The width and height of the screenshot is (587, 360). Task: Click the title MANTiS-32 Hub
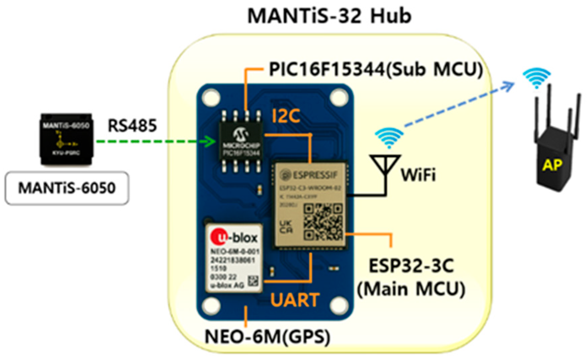(x=329, y=16)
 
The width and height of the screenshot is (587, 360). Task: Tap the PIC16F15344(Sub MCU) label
(x=376, y=69)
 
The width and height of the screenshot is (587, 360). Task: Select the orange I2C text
(x=286, y=116)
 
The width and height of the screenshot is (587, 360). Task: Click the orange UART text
(x=295, y=300)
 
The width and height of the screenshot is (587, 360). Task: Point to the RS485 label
(x=132, y=126)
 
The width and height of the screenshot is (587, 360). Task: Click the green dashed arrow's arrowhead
(x=211, y=141)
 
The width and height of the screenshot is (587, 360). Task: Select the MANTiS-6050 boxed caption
(x=67, y=188)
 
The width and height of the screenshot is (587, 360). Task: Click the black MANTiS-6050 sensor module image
(x=66, y=139)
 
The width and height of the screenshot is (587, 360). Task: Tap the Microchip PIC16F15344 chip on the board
(x=241, y=142)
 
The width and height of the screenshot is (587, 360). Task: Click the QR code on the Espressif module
(x=323, y=222)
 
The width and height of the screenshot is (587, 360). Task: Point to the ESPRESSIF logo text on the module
(x=310, y=175)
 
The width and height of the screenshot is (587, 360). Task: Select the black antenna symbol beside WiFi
(x=386, y=168)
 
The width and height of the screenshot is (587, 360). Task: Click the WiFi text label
(x=418, y=175)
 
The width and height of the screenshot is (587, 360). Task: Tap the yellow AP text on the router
(x=552, y=165)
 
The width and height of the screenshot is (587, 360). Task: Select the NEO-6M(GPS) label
(x=267, y=337)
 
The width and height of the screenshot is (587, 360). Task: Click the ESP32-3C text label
(x=411, y=266)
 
